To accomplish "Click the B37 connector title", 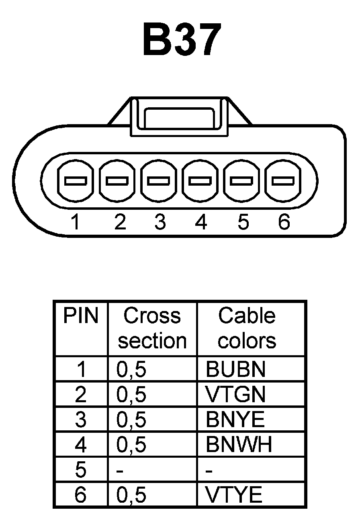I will point(182,40).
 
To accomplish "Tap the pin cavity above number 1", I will point(76,181).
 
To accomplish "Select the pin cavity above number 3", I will point(159,181).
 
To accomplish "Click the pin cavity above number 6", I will point(283,181).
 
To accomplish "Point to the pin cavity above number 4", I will point(201,181).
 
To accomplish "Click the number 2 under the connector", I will point(119,222).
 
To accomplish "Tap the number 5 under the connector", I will point(242,222).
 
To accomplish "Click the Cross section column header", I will point(152,328).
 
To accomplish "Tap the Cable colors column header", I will point(247,328).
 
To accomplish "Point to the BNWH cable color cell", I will point(239,444).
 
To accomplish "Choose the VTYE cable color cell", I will point(234,495).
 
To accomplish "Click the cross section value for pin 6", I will point(131,495).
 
